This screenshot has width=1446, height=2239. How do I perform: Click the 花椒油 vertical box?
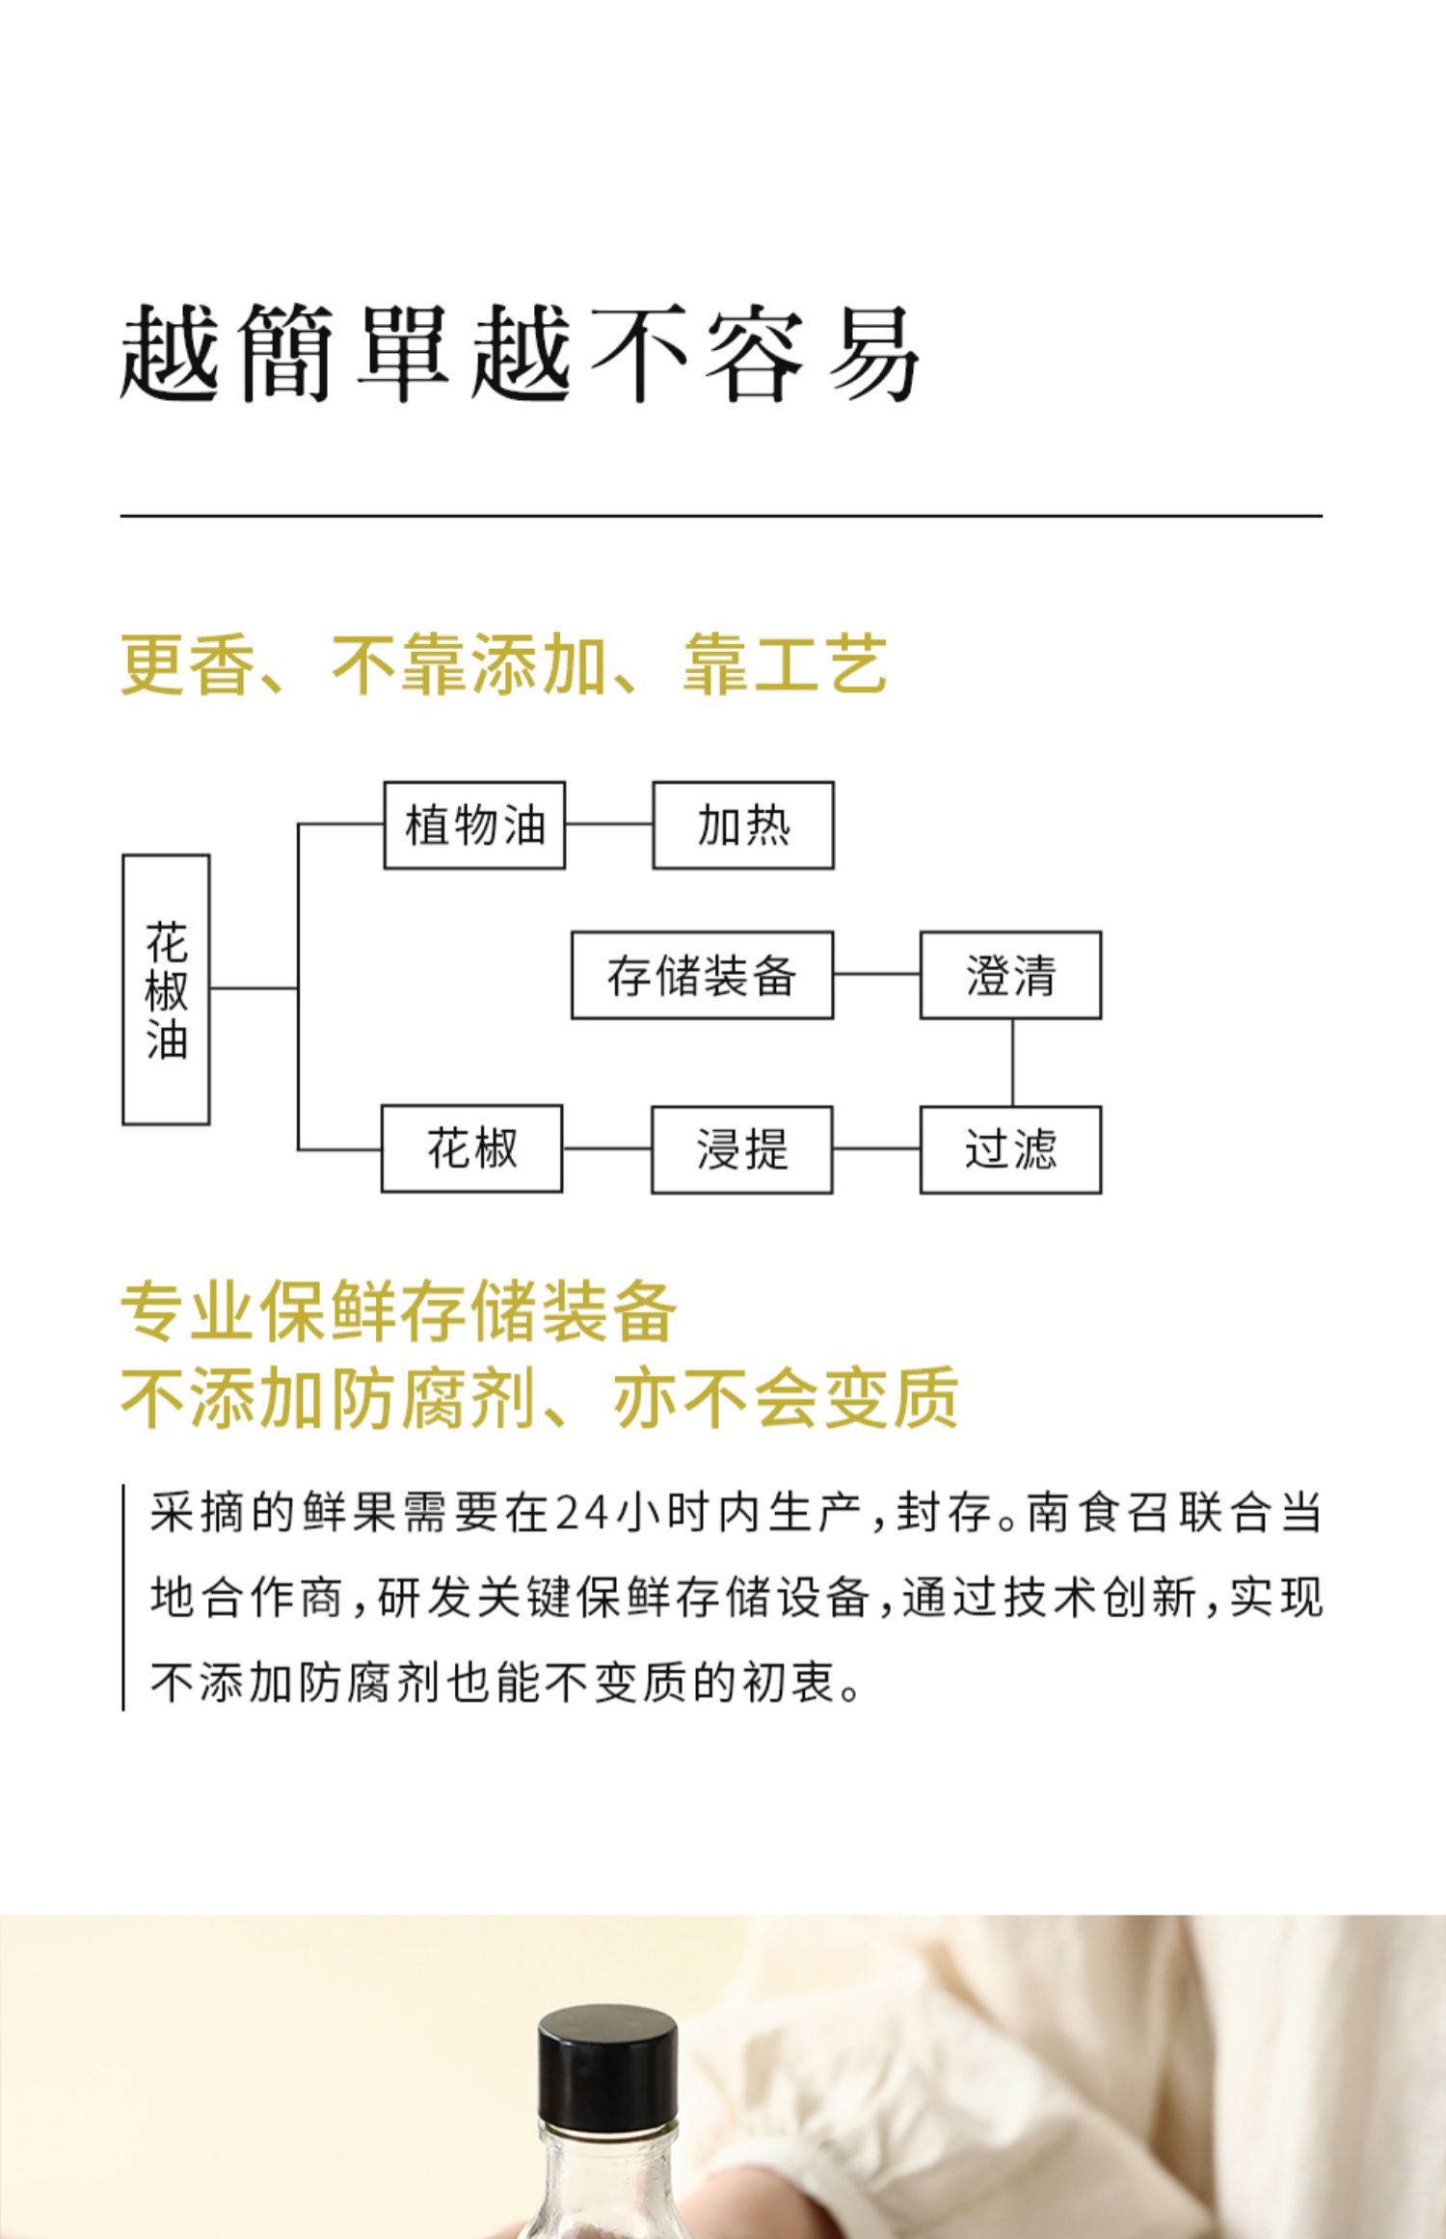point(166,989)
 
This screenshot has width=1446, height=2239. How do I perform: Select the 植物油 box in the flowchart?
point(474,825)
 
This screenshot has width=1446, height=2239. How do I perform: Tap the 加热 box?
point(743,825)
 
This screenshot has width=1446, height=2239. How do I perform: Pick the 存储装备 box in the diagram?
point(702,975)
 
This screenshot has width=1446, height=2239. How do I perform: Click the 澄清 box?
point(1010,975)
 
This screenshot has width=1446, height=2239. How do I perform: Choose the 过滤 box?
point(1010,1149)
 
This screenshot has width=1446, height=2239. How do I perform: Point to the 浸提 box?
point(741,1149)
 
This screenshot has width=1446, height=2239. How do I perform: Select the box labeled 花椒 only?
point(471,1148)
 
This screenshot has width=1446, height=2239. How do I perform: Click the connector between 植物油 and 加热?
point(609,824)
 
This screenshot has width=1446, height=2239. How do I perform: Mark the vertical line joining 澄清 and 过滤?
point(1012,1063)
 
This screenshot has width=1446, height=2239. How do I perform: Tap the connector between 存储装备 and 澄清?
point(876,974)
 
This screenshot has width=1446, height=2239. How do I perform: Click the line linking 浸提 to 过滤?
point(876,1148)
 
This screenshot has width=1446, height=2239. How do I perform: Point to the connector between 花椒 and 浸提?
point(607,1148)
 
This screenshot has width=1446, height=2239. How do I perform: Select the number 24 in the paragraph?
point(582,1513)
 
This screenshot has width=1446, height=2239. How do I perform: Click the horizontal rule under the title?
point(721,516)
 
